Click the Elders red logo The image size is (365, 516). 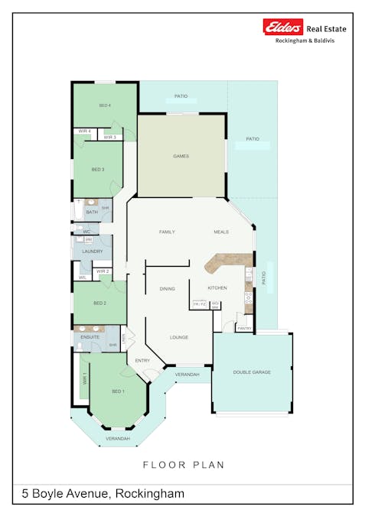[x=283, y=28]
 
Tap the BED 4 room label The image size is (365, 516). [x=106, y=105]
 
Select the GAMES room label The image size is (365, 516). [x=181, y=156]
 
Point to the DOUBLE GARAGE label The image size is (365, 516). [x=252, y=372]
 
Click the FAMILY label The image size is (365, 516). [x=167, y=231]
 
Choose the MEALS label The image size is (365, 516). [x=221, y=231]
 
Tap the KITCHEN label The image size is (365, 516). [x=217, y=287]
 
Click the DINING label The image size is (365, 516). [x=168, y=289]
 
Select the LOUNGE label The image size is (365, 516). [x=179, y=337]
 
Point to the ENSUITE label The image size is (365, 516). [x=90, y=336]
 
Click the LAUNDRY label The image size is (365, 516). [x=93, y=251]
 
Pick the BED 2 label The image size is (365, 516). [x=99, y=303]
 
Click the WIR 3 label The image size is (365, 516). [x=109, y=137]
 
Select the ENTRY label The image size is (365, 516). [x=142, y=360]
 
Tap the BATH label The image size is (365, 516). [x=92, y=212]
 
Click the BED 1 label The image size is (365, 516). [x=118, y=391]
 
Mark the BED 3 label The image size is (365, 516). [x=97, y=169]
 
